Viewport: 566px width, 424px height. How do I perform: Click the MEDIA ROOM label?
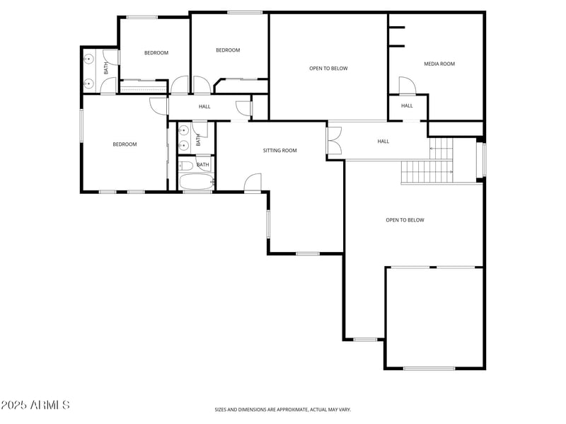click(x=439, y=64)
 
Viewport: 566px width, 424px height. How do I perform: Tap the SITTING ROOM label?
click(x=280, y=151)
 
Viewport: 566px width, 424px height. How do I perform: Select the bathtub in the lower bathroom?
click(x=195, y=182)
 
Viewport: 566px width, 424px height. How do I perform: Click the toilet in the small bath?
click(x=186, y=166)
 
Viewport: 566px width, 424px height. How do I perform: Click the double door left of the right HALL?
click(x=335, y=139)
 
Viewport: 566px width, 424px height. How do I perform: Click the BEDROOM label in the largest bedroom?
click(x=125, y=144)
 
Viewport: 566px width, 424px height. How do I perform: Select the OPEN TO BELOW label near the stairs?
click(x=405, y=220)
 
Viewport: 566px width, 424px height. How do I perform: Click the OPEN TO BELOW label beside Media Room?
click(x=328, y=69)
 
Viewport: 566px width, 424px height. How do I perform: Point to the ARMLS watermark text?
click(x=35, y=406)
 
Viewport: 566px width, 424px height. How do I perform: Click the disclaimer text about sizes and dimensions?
click(x=283, y=409)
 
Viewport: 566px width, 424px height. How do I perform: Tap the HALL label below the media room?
click(x=407, y=106)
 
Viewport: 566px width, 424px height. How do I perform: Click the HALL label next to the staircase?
click(x=383, y=142)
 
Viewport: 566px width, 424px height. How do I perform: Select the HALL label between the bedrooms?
click(x=204, y=107)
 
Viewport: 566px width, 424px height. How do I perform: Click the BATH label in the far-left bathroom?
click(x=106, y=69)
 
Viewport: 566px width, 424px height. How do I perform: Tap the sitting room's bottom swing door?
click(x=253, y=183)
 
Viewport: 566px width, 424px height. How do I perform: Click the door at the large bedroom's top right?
click(x=158, y=105)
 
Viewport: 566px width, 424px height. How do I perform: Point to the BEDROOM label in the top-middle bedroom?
click(x=228, y=50)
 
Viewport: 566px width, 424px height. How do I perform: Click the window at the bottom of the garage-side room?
click(x=429, y=368)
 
